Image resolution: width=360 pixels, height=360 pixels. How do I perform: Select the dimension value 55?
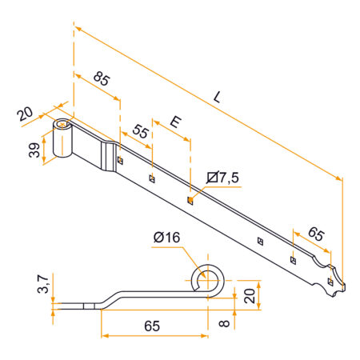141,132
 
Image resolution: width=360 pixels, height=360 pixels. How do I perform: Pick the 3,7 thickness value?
42,282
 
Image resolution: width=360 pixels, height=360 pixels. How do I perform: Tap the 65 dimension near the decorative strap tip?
316,234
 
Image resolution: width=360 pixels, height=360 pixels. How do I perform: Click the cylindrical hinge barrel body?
62,144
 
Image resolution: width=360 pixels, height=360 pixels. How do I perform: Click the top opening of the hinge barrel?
63,126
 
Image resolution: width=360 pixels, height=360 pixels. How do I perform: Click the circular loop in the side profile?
207,280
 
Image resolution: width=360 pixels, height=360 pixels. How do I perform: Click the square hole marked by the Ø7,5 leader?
190,200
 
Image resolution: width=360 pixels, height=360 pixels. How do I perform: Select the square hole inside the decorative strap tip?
330,282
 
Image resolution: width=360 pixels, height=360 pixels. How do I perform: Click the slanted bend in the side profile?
112,298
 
